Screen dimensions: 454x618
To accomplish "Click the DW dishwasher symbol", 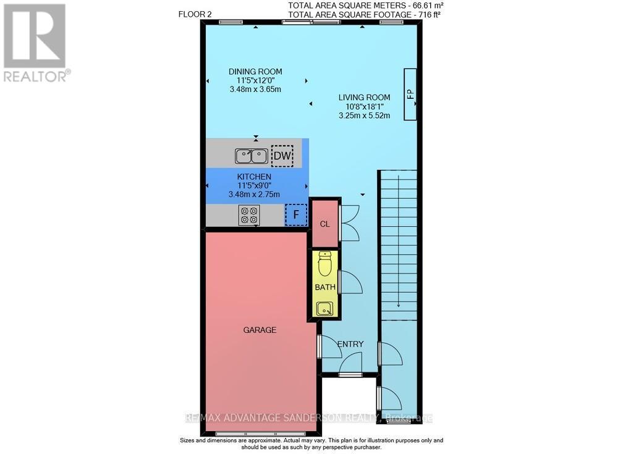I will [282, 156].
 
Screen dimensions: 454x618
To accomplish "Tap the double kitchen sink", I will [251, 156].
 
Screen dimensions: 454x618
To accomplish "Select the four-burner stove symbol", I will [250, 215].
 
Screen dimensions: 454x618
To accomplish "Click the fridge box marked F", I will [295, 216].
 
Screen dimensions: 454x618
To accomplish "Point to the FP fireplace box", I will [410, 95].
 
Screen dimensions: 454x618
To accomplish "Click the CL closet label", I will [324, 224].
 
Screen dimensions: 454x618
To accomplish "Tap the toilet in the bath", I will [324, 264].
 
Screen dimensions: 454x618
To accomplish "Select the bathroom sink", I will [324, 308].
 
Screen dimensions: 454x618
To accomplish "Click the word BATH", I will [324, 288].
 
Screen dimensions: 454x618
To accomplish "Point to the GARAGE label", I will [260, 330].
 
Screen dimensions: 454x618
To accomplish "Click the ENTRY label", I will [350, 344].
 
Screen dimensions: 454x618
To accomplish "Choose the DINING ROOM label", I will [255, 72].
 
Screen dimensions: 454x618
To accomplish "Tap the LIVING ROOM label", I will [364, 97].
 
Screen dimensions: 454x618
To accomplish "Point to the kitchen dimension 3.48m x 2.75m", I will [255, 194].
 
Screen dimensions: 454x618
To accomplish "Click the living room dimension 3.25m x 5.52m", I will [364, 115].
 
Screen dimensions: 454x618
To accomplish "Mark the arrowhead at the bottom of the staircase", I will [399, 304].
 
